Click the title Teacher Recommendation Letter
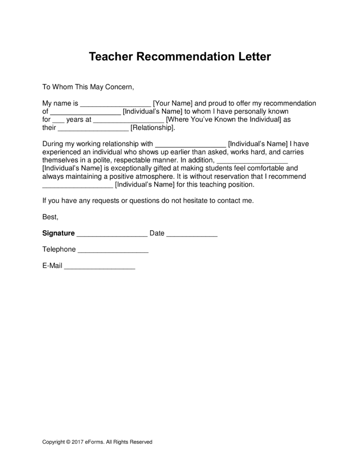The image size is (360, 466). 180,57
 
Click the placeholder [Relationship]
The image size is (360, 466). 152,128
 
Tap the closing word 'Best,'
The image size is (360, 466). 50,217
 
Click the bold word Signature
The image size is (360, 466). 58,233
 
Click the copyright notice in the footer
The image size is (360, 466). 97,442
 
